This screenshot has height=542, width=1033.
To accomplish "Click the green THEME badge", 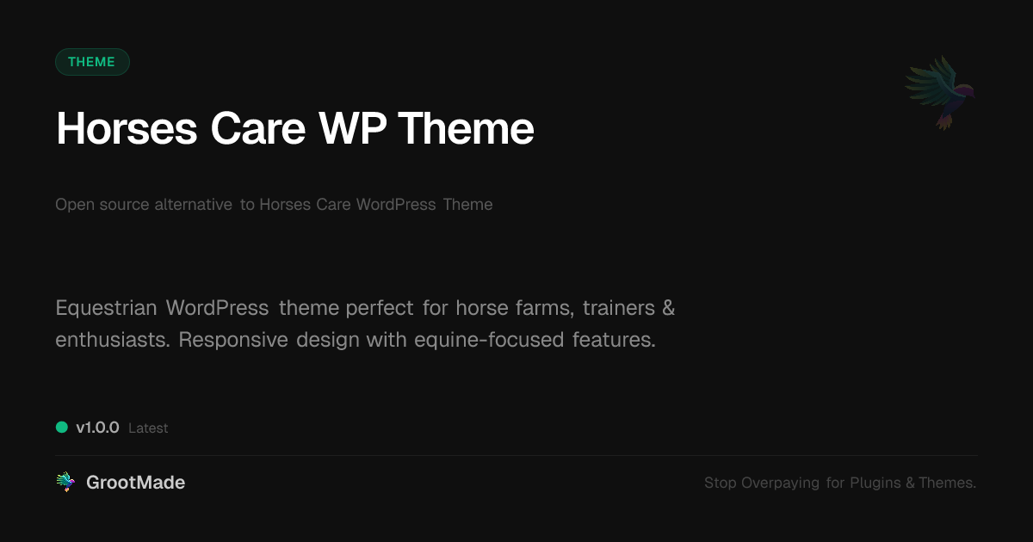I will pos(92,62).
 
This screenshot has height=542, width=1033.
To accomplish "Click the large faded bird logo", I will pos(940,91).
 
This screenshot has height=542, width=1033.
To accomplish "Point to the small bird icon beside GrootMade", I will pos(65,483).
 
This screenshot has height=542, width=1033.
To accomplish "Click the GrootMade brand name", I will pos(135,483).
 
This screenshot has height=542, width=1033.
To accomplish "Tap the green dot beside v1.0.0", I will pos(62,427).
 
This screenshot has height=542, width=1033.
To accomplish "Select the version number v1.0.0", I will pos(97,428).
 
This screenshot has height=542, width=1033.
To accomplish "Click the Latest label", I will pos(148,428).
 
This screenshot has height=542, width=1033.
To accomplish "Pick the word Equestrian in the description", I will pos(106,307).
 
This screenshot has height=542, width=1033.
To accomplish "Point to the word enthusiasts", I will pos(111,340).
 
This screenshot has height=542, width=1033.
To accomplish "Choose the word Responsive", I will pos(232,340).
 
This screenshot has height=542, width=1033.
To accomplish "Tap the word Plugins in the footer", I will pos(875,483).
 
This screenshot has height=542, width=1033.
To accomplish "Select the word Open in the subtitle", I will pos(72,205).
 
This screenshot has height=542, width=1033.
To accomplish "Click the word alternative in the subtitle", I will pos(193,205).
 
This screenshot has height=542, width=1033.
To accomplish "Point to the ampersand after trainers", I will pos(669,307).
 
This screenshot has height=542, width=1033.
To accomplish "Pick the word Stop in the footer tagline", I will pos(721,483).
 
